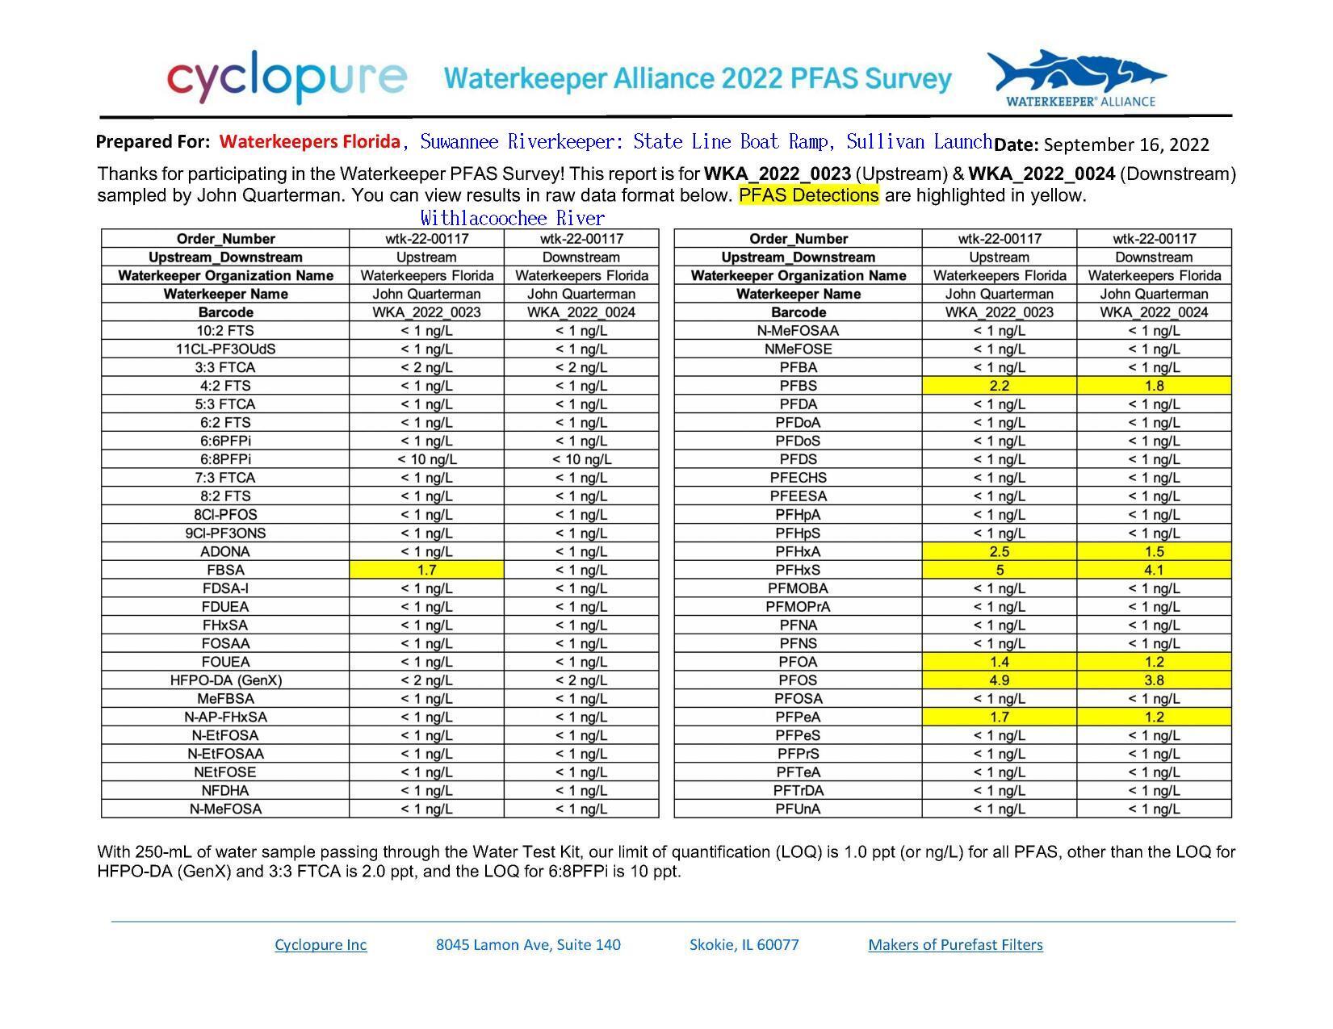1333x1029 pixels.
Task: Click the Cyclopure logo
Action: [x=287, y=77]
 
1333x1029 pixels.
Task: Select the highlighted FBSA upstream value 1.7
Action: [x=426, y=570]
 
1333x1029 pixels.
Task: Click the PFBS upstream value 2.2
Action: [x=999, y=386]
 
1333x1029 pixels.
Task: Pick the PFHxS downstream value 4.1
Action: [x=1154, y=570]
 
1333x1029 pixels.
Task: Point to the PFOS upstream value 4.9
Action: [x=999, y=680]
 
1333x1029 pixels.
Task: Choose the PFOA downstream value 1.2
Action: [x=1154, y=662]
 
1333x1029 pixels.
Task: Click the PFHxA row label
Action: [x=798, y=552]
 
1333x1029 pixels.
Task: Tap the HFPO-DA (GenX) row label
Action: [x=225, y=680]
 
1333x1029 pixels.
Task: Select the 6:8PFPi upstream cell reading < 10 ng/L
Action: [x=426, y=459]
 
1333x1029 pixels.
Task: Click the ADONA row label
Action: [x=225, y=552]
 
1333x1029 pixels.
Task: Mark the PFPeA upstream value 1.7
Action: [x=999, y=717]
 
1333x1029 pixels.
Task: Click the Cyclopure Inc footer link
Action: [x=321, y=944]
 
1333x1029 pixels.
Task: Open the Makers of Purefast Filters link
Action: [x=955, y=944]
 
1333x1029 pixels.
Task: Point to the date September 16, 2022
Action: [x=1126, y=144]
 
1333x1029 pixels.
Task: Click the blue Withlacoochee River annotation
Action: [x=512, y=218]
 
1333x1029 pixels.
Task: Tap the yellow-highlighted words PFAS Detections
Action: [x=808, y=195]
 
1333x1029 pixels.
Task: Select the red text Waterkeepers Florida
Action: [x=310, y=142]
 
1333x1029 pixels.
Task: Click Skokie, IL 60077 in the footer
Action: [x=744, y=944]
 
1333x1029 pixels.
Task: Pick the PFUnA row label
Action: [x=798, y=809]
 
